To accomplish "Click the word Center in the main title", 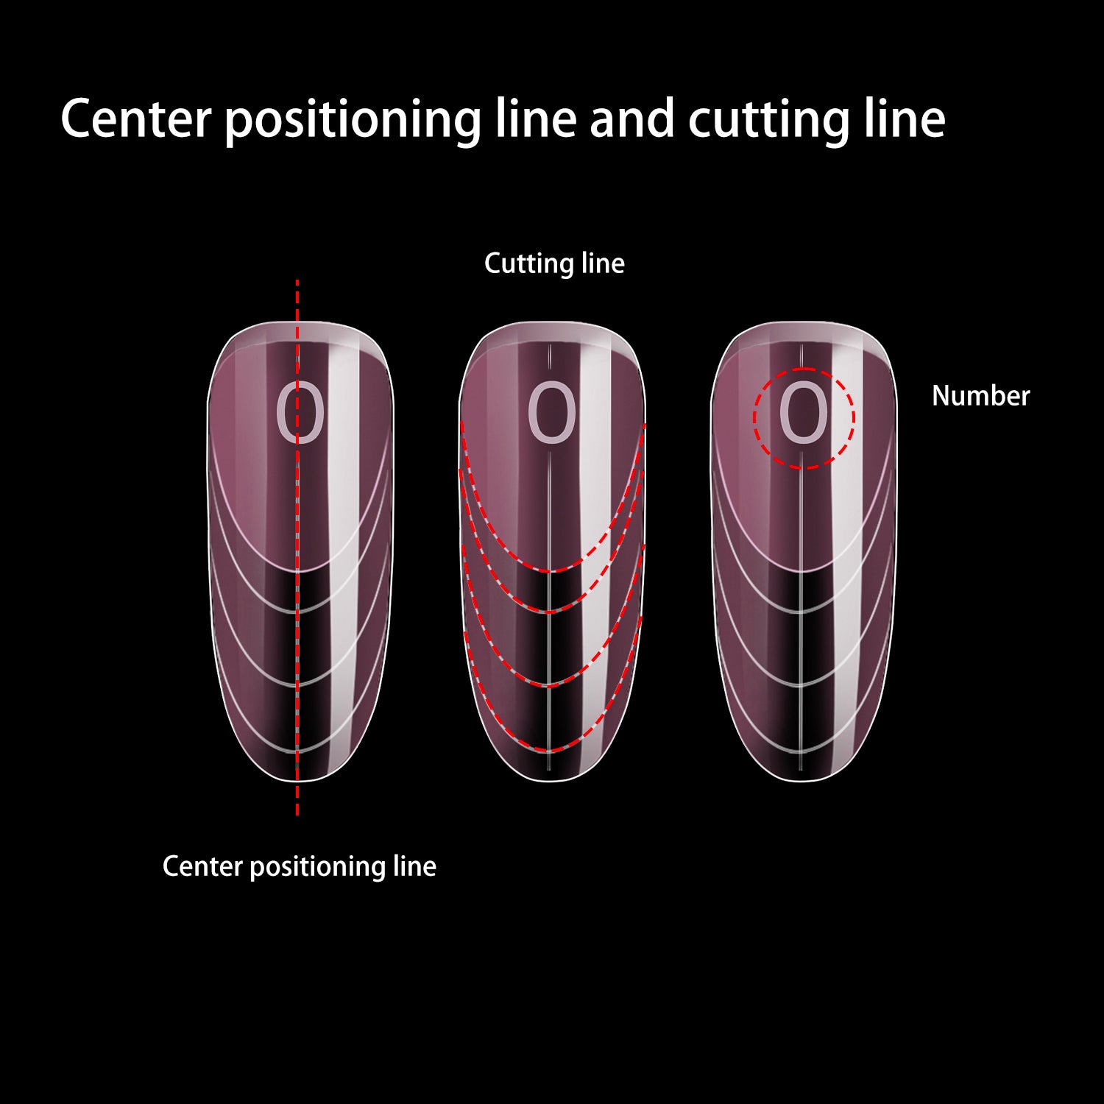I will pyautogui.click(x=136, y=119).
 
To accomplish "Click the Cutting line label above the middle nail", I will pyautogui.click(x=554, y=263).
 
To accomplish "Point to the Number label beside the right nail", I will pyautogui.click(x=980, y=396).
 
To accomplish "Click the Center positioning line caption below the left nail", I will pyautogui.click(x=299, y=866).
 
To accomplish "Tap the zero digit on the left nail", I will pyautogui.click(x=300, y=414).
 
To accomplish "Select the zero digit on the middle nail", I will pyautogui.click(x=551, y=414).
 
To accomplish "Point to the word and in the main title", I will pyautogui.click(x=631, y=119).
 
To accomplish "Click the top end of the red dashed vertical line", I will pyautogui.click(x=297, y=281).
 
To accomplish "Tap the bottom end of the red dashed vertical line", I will pyautogui.click(x=297, y=813).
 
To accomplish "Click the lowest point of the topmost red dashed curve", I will pyautogui.click(x=550, y=570).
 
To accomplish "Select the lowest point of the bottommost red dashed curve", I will pyautogui.click(x=550, y=751).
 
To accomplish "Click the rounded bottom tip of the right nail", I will pyautogui.click(x=802, y=780).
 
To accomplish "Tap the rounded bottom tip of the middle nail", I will pyautogui.click(x=551, y=780).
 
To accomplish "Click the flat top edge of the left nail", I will pyautogui.click(x=300, y=322).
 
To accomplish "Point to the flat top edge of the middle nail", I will pyautogui.click(x=551, y=322).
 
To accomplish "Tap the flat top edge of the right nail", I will pyautogui.click(x=803, y=322).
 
